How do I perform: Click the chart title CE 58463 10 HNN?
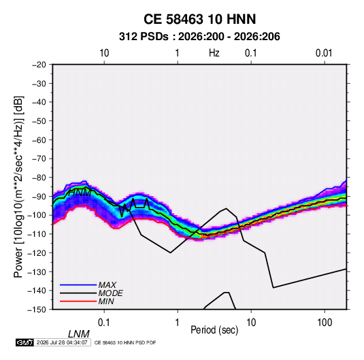coord(199,19)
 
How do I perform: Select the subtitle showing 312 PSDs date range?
coord(199,37)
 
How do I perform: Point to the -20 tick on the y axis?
coord(39,65)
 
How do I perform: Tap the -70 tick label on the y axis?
coord(39,159)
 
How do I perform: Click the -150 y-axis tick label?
coord(37,310)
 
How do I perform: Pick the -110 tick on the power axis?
coord(37,234)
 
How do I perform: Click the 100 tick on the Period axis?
coord(325,323)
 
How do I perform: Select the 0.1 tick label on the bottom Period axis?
coord(104,323)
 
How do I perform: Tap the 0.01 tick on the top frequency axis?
coord(324,53)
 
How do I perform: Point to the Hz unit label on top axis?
coord(214,53)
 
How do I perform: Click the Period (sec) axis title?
coord(214,330)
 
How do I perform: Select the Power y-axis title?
coord(18,186)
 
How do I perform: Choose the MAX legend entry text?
coord(107,284)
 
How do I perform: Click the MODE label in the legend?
coord(110,293)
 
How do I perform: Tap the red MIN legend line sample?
coord(78,301)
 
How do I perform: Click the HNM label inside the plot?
coord(80,193)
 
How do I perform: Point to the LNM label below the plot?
coord(78,334)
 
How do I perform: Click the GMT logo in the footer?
coord(24,342)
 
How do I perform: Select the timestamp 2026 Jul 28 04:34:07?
coord(62,342)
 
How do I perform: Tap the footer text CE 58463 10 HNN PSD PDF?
coord(125,342)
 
